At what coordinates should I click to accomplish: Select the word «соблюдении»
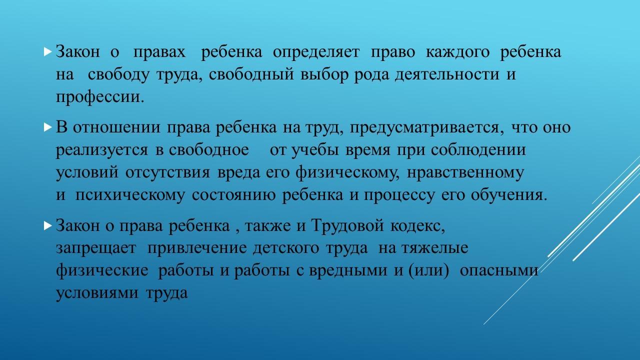(x=478, y=150)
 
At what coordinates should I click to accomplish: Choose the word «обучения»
(x=507, y=195)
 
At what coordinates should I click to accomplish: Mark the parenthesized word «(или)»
(x=428, y=270)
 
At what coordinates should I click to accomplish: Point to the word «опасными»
(x=498, y=271)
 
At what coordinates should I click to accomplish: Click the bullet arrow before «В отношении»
(x=47, y=127)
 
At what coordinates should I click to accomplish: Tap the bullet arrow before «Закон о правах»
(x=47, y=51)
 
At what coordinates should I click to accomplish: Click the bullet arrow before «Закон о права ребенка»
(x=47, y=225)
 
